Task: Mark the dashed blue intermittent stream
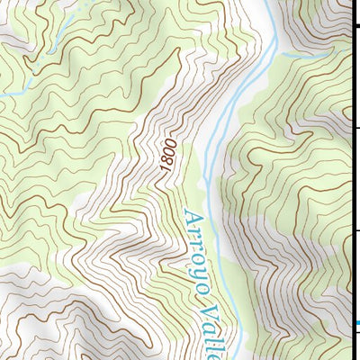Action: (x=54, y=36)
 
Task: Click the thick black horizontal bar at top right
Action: (x=355, y=26)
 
